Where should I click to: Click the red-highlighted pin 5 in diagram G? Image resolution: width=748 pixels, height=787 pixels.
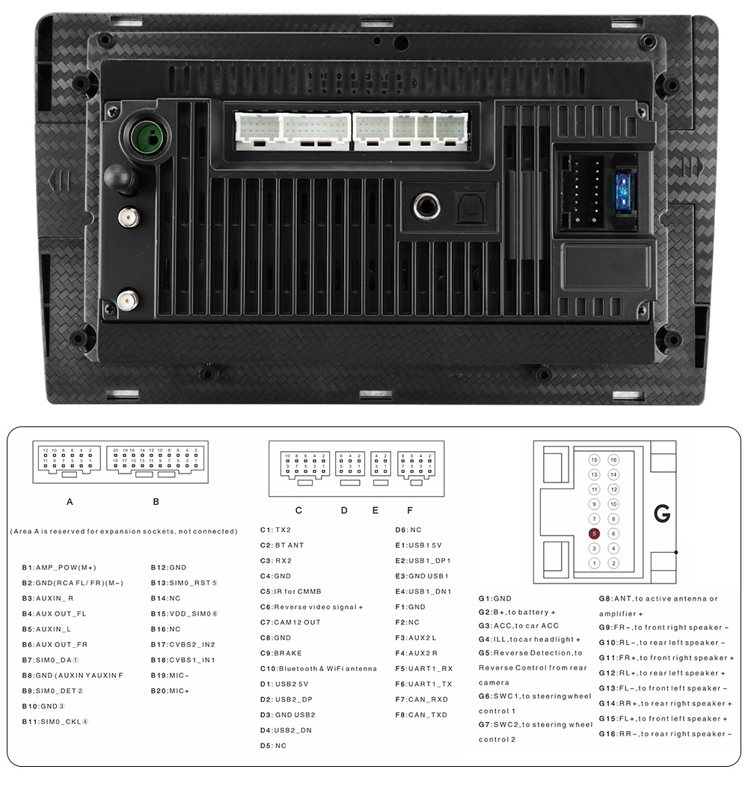pyautogui.click(x=594, y=533)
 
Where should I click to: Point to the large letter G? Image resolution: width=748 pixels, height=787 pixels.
pyautogui.click(x=662, y=513)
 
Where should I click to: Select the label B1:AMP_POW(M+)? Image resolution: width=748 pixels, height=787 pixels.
pyautogui.click(x=59, y=567)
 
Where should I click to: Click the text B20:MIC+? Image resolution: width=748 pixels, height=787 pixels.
pyautogui.click(x=170, y=690)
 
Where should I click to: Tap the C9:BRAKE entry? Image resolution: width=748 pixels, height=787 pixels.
pyautogui.click(x=281, y=653)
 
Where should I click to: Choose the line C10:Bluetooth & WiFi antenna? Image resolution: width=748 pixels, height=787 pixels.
pyautogui.click(x=319, y=669)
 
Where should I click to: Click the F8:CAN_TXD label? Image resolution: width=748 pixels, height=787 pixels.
pyautogui.click(x=422, y=714)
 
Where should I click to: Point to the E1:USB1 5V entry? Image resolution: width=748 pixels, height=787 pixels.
pyautogui.click(x=419, y=545)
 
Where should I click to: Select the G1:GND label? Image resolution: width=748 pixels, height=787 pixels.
pyautogui.click(x=495, y=598)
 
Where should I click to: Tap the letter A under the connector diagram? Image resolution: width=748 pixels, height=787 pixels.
pyautogui.click(x=70, y=501)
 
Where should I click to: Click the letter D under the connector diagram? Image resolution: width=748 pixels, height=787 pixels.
pyautogui.click(x=344, y=510)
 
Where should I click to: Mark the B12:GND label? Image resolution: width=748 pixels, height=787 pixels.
pyautogui.click(x=168, y=567)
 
